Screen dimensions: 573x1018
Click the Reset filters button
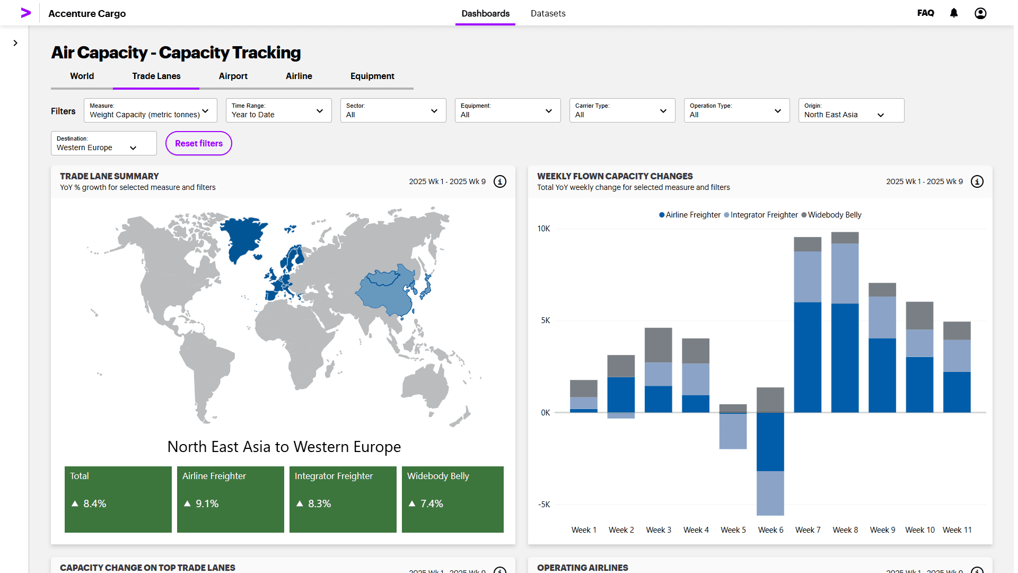[198, 143]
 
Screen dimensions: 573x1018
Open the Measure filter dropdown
[150, 110]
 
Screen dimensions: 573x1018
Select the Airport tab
[233, 76]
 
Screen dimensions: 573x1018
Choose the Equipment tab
[372, 76]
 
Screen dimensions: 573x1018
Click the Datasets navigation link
[548, 13]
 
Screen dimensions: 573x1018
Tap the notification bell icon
[953, 13]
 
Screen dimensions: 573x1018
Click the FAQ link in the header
[925, 13]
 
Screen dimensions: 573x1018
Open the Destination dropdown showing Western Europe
[103, 143]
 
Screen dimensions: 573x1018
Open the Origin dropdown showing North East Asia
[850, 110]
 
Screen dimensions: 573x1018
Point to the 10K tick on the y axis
[543, 229]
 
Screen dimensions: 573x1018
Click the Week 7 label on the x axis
[808, 530]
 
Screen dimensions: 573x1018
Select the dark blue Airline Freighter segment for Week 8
[845, 358]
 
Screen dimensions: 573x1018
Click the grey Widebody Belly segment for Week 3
[658, 345]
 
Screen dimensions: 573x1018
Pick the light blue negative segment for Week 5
[733, 431]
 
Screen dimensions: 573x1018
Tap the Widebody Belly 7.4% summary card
[452, 499]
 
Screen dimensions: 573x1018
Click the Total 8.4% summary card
[118, 499]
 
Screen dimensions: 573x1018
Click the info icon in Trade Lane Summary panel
[499, 181]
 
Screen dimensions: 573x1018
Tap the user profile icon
[980, 13]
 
